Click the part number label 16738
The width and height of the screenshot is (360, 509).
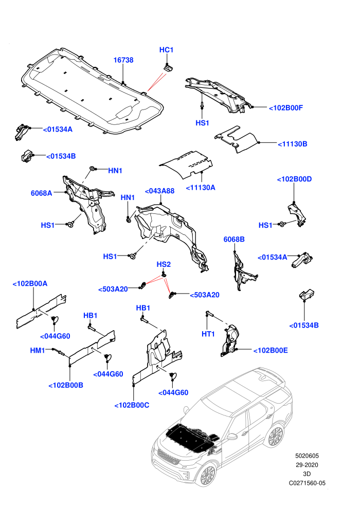point(123,60)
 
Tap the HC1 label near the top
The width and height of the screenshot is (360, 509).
point(167,50)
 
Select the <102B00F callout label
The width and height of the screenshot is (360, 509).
point(285,108)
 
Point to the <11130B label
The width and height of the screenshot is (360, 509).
point(293,144)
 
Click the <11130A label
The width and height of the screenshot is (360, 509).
point(201,187)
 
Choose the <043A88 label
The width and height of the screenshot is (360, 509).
point(159,191)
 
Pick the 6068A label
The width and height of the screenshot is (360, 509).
point(41,193)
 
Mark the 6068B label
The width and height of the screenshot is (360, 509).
point(234,239)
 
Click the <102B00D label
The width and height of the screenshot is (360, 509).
point(294,179)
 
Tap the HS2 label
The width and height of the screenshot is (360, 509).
point(164,264)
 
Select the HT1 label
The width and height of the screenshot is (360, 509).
point(208,334)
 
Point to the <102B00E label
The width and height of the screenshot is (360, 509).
point(271,350)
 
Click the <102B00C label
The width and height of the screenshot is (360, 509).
point(132,405)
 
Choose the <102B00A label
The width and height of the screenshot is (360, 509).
point(30,283)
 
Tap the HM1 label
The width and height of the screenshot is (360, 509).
point(38,350)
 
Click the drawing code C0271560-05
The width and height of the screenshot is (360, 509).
point(307,483)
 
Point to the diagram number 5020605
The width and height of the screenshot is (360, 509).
point(307,456)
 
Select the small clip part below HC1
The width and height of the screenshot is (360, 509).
point(168,68)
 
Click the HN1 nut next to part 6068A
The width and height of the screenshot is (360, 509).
point(93,169)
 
